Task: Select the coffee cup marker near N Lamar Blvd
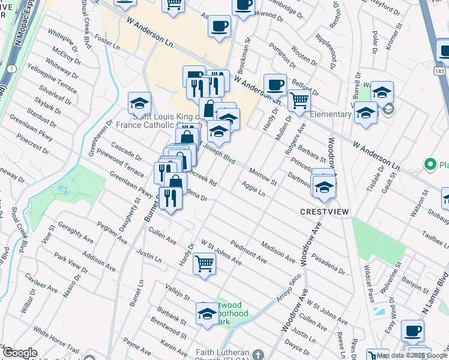click(413, 331)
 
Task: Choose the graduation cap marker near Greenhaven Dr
click(139, 103)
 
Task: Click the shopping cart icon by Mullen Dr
click(299, 100)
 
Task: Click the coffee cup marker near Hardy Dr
click(275, 85)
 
